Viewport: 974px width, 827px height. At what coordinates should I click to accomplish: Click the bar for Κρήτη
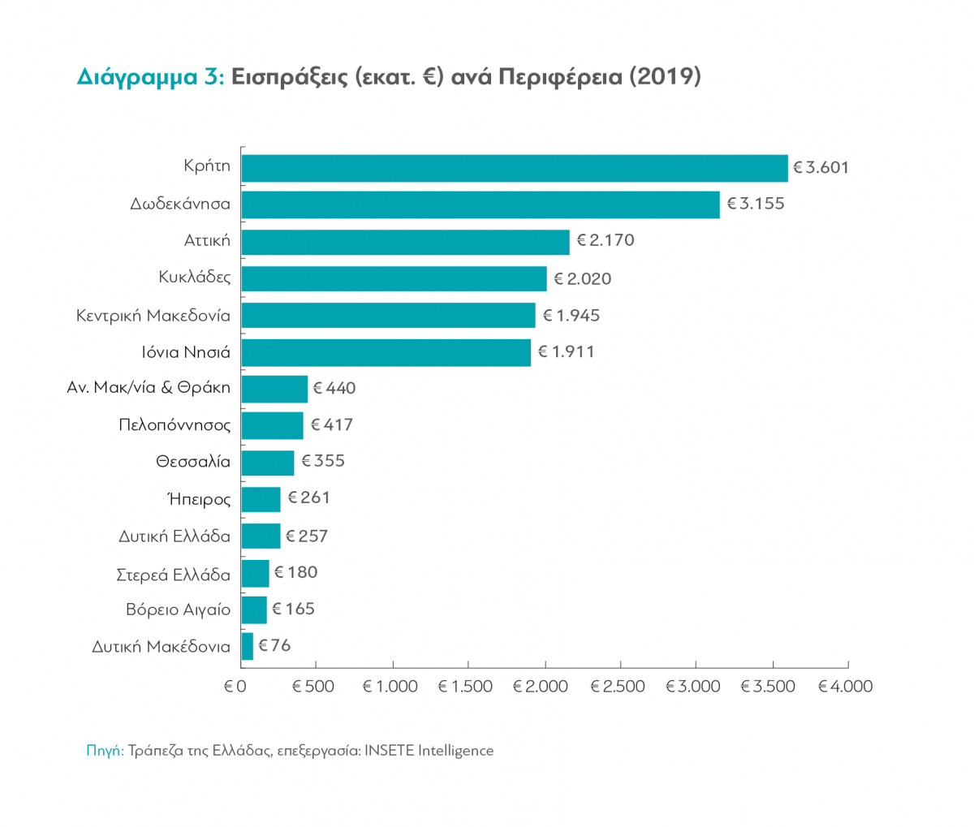(x=515, y=168)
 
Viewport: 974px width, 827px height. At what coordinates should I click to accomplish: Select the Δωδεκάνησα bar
(x=481, y=205)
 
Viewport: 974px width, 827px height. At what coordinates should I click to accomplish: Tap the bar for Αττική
(x=405, y=241)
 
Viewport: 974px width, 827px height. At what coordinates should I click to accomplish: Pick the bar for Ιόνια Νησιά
(x=386, y=352)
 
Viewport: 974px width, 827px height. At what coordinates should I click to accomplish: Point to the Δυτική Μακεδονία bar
(x=248, y=647)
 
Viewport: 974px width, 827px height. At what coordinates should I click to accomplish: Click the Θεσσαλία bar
(x=268, y=462)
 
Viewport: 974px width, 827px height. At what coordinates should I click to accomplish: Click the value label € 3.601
(x=821, y=168)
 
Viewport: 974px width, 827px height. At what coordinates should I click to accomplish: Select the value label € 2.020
(x=583, y=278)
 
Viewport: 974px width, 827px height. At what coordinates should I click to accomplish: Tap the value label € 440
(x=334, y=389)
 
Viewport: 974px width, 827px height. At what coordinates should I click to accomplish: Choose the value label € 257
(x=307, y=536)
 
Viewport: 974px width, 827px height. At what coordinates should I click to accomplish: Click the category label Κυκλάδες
(x=195, y=278)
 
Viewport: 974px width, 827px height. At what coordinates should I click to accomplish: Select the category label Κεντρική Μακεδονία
(x=153, y=315)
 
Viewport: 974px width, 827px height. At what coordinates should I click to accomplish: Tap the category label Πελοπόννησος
(x=175, y=425)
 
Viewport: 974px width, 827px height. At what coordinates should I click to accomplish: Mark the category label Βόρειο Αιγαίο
(x=178, y=609)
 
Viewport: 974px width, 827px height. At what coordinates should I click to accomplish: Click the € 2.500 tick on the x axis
(x=617, y=687)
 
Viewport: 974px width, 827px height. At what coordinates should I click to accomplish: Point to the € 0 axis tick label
(x=235, y=687)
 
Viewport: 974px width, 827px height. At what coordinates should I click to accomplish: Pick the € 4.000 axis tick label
(x=845, y=687)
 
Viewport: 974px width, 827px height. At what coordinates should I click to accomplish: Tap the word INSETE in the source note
(x=394, y=751)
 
